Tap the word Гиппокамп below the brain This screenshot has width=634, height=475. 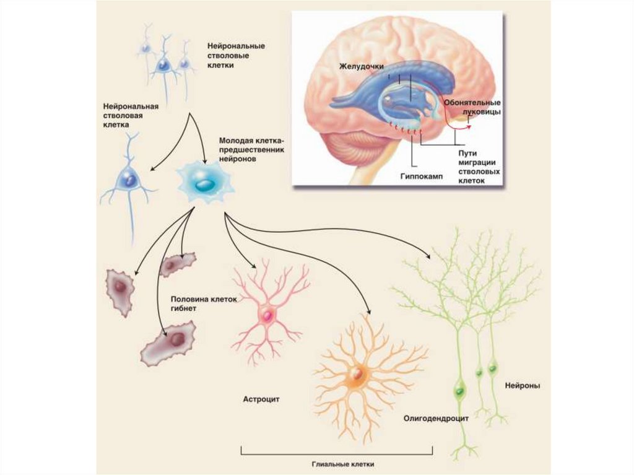pyautogui.click(x=417, y=175)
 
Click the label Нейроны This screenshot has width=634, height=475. pyautogui.click(x=523, y=385)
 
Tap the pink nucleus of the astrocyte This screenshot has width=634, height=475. pyautogui.click(x=268, y=316)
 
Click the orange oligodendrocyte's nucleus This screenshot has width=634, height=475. pyautogui.click(x=357, y=374)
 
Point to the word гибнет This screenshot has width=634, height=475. pyautogui.click(x=185, y=307)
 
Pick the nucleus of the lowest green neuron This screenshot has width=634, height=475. pyautogui.click(x=459, y=391)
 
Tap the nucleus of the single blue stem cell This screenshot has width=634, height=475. pyautogui.click(x=129, y=180)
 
